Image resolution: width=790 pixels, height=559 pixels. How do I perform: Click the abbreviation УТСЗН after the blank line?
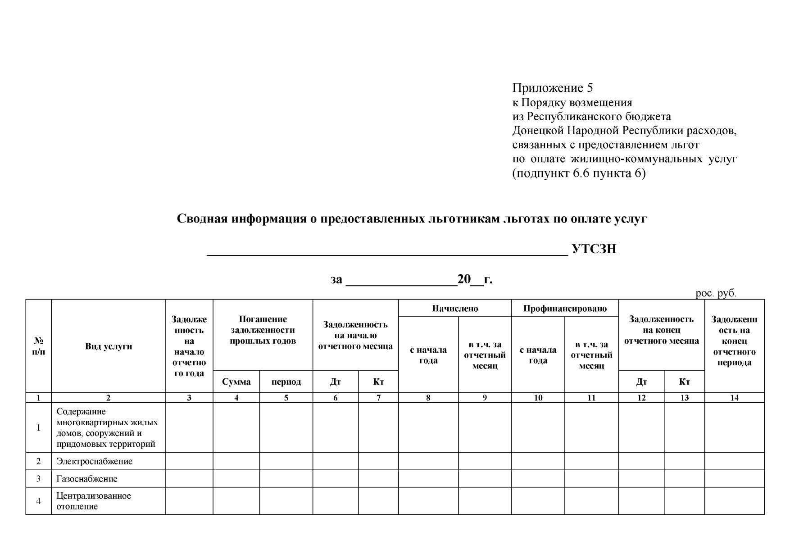pos(594,249)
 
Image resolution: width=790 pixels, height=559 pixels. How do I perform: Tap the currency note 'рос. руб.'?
pos(716,293)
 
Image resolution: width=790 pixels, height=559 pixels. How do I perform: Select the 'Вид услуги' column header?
pos(109,346)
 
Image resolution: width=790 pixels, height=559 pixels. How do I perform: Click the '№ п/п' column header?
pos(39,346)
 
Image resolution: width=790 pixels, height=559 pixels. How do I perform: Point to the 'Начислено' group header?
pos(455,309)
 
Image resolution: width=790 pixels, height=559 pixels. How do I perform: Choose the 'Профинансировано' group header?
pos(565,309)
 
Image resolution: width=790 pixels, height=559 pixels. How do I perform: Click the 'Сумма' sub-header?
pos(236,382)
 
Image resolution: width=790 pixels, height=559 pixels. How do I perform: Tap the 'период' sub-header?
pos(286,382)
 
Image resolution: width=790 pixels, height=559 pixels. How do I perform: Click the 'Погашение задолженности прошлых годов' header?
pos(263,330)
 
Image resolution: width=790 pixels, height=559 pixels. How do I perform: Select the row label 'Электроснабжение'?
pos(94,461)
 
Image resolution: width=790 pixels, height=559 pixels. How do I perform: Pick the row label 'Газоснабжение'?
pos(87,479)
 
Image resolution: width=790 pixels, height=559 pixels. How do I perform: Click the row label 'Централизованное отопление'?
pos(94,501)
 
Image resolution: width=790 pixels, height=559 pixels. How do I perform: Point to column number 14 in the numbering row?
pos(734,398)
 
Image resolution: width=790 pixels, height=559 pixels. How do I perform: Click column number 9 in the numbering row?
pos(485,398)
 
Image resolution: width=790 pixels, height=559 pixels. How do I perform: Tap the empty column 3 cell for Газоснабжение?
pos(189,479)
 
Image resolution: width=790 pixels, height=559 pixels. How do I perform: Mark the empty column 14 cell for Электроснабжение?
pos(734,461)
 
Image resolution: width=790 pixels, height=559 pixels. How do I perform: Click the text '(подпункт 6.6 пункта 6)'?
pos(579,173)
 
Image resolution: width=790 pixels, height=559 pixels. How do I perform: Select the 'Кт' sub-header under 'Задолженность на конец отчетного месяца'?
pos(684,382)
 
